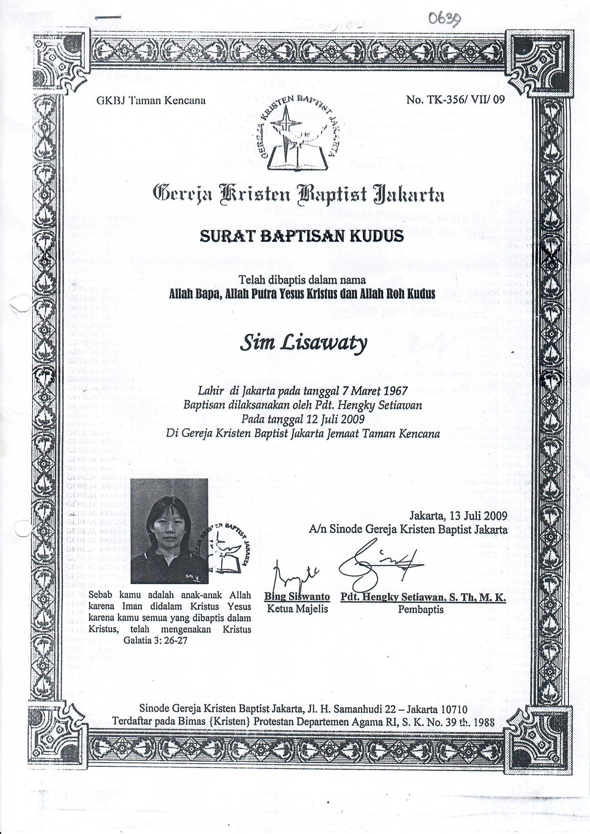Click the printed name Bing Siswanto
(x=297, y=597)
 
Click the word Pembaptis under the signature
(x=420, y=609)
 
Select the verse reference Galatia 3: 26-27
(x=155, y=640)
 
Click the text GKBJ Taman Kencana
(x=151, y=100)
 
